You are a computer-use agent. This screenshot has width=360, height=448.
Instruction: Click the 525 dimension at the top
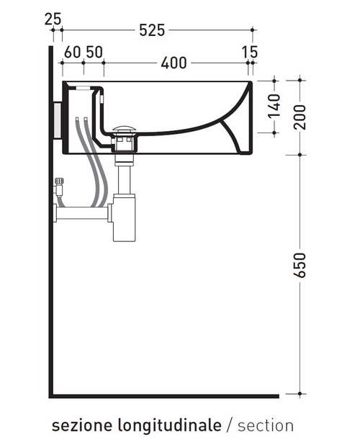click(x=152, y=30)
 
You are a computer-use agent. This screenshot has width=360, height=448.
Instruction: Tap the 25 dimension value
click(x=53, y=17)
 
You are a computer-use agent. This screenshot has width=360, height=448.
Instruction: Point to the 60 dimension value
click(x=71, y=52)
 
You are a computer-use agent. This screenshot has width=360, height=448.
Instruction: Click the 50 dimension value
click(x=94, y=52)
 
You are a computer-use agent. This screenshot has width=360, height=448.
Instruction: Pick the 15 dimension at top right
click(x=250, y=52)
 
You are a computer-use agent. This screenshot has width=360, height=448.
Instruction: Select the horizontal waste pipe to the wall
click(x=83, y=213)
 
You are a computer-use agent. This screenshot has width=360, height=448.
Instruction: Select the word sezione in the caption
click(x=77, y=426)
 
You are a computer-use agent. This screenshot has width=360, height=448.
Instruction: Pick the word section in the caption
click(x=266, y=426)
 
